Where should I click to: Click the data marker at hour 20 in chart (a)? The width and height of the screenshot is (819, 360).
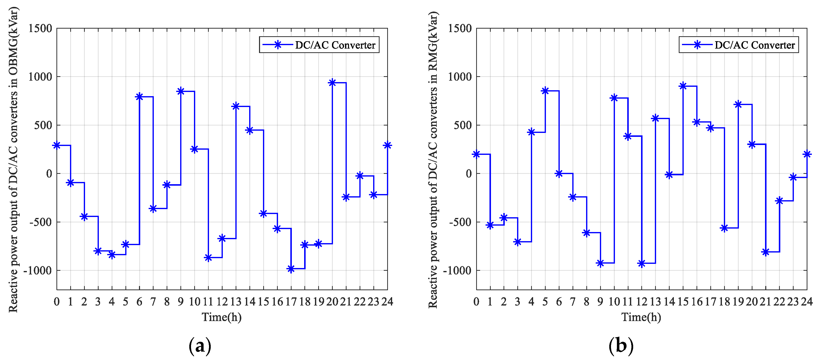332,83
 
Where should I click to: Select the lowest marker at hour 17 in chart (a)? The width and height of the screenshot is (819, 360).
291,269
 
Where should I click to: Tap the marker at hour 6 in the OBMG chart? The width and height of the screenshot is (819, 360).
139,97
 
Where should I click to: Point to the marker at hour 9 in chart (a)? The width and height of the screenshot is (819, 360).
181,91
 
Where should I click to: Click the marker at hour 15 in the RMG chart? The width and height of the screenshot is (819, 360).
683,86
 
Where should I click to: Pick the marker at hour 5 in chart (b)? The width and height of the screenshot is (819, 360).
545,91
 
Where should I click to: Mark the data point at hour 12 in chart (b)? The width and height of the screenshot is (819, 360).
642,263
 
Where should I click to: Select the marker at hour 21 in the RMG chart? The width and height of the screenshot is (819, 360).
766,252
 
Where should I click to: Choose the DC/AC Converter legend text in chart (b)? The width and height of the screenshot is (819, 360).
755,45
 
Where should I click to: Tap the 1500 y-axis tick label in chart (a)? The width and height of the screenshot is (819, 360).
40,28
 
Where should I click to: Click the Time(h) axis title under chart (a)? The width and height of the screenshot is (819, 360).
222,317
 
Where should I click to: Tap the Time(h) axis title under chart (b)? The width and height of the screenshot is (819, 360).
641,317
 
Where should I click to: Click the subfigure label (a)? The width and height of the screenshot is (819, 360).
200,346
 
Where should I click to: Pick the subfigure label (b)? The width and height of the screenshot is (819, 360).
621,346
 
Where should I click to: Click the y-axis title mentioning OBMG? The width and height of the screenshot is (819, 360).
13,159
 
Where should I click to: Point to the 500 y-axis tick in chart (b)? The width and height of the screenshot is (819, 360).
463,125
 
